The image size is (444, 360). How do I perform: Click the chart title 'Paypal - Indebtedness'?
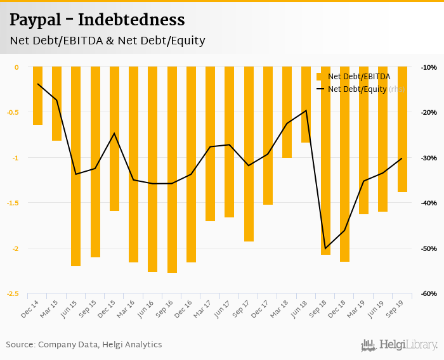[97, 20]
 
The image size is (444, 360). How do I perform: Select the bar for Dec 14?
[37, 95]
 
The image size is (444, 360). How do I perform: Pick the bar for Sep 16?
[172, 170]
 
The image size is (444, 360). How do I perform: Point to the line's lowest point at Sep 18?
[325, 248]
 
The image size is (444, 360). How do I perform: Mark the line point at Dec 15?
[114, 133]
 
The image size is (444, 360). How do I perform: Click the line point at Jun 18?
[306, 110]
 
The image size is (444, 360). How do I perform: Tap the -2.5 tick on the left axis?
[13, 293]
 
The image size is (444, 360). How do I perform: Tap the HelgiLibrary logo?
[399, 345]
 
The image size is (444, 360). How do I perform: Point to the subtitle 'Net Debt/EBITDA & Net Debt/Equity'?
[107, 41]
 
